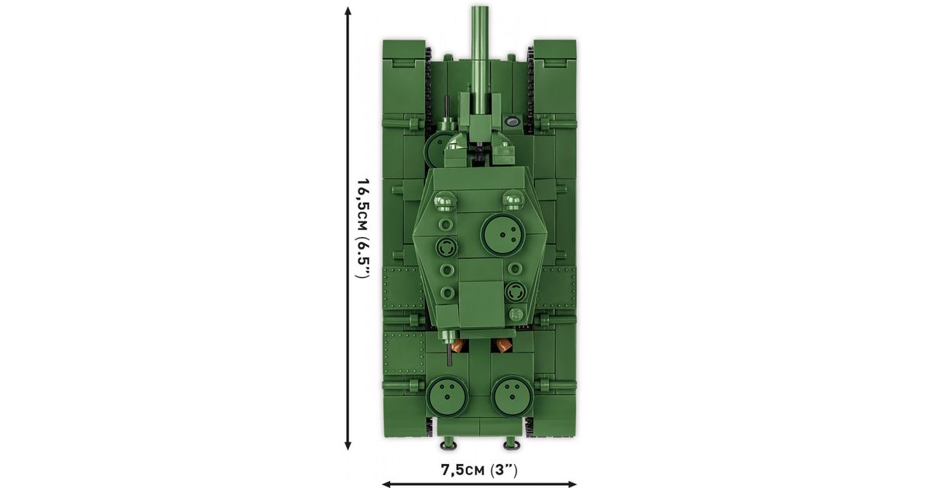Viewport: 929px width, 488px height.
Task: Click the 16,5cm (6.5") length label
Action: [362, 229]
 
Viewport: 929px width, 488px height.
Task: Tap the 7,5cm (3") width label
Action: [479, 470]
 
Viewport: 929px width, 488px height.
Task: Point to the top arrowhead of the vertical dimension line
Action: [348, 11]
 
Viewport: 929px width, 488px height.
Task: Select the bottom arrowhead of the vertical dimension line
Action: [348, 445]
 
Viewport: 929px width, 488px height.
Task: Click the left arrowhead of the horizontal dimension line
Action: [386, 484]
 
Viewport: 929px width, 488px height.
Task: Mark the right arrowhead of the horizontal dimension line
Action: [571, 484]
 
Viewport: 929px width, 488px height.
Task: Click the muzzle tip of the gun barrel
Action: [479, 7]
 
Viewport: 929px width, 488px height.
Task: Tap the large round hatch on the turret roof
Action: [502, 235]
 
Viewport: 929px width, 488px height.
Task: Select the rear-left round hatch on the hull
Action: [447, 396]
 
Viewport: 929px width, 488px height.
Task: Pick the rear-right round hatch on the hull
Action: [512, 396]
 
